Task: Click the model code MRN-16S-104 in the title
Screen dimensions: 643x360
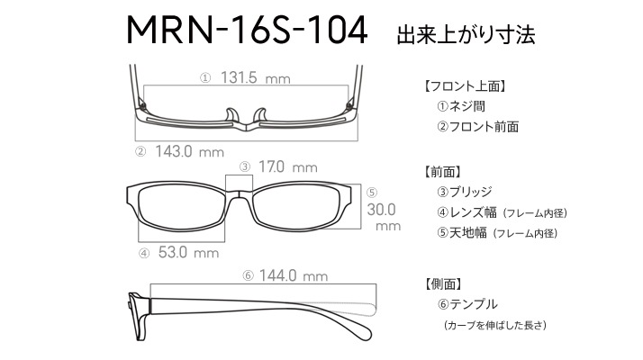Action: (x=247, y=30)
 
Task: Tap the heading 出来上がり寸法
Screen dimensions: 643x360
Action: (x=466, y=34)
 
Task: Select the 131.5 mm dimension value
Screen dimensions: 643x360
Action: (x=256, y=77)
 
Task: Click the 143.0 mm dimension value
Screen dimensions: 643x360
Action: (x=189, y=151)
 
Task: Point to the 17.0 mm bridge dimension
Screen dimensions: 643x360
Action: (x=288, y=166)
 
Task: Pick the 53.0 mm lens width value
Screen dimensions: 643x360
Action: (x=188, y=252)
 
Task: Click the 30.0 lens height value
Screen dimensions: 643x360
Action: (x=381, y=210)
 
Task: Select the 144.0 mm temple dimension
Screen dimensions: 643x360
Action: (x=294, y=275)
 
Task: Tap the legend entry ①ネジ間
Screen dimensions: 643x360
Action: (x=461, y=106)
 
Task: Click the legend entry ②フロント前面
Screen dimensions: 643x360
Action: (x=477, y=126)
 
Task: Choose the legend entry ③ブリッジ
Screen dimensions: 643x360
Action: (x=464, y=192)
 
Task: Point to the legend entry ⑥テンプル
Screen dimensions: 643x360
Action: (x=467, y=304)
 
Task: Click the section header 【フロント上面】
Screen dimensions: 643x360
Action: (x=465, y=86)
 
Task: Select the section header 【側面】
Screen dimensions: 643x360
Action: (x=444, y=283)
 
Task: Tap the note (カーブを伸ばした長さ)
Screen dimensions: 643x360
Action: (x=495, y=325)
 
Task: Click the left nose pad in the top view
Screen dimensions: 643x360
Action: (x=231, y=115)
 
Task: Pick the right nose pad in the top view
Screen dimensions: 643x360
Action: (x=260, y=115)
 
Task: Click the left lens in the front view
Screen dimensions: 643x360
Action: (x=182, y=207)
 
